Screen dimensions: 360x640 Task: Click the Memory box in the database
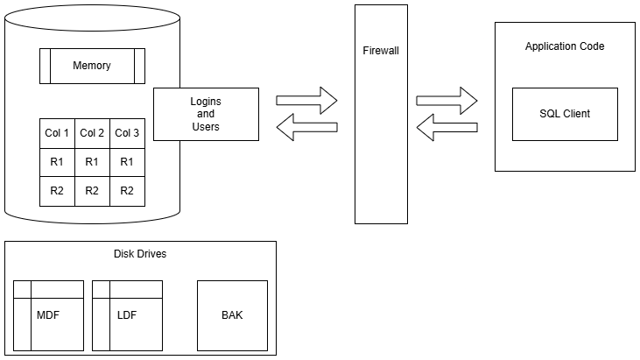click(x=92, y=66)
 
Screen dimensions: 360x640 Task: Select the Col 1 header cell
click(x=57, y=133)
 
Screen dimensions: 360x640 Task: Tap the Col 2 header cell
click(x=92, y=133)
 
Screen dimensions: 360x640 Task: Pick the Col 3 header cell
click(x=127, y=133)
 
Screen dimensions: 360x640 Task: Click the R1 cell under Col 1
click(x=57, y=162)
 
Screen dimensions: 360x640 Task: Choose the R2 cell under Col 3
click(x=127, y=191)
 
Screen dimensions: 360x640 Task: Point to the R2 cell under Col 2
click(x=92, y=191)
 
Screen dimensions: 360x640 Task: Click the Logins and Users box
click(x=206, y=114)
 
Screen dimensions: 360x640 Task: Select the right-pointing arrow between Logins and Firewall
click(x=306, y=100)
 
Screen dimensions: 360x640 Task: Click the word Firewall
click(x=381, y=51)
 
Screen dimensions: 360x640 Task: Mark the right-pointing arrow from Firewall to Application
click(x=447, y=100)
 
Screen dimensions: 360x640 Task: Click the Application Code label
click(x=565, y=46)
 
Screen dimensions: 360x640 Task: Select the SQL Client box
click(x=565, y=114)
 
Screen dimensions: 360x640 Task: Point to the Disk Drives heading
click(x=140, y=254)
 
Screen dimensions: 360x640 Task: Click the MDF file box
click(x=49, y=315)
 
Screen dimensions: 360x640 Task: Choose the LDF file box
click(x=127, y=315)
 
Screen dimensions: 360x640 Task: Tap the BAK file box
click(x=232, y=315)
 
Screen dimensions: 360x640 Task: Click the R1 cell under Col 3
click(x=127, y=162)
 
